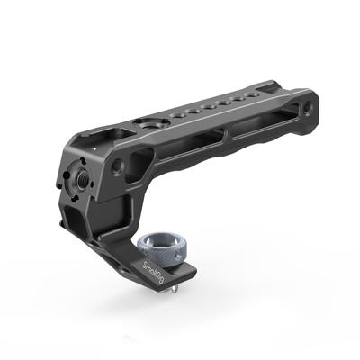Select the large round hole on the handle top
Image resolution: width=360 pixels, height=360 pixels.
[146, 122]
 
